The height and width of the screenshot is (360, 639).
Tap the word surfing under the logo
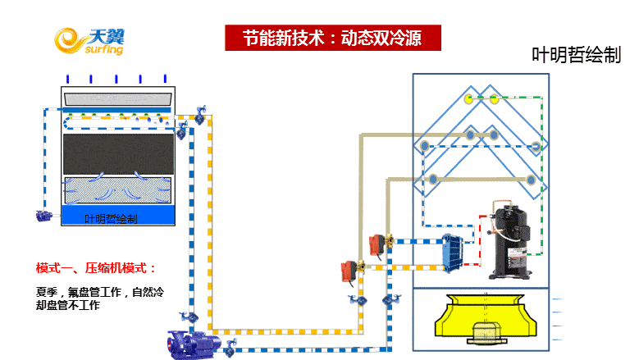[103, 50]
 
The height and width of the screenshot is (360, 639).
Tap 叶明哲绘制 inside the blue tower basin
[112, 219]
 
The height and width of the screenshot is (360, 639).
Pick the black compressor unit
[510, 238]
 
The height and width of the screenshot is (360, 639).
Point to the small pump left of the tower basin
[45, 216]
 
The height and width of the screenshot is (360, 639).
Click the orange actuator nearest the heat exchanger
[377, 243]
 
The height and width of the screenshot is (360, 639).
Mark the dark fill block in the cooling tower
[118, 153]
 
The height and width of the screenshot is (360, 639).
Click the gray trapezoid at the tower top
[118, 98]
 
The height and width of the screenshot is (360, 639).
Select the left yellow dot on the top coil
[468, 99]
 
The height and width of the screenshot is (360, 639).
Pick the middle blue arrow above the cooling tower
[116, 79]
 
